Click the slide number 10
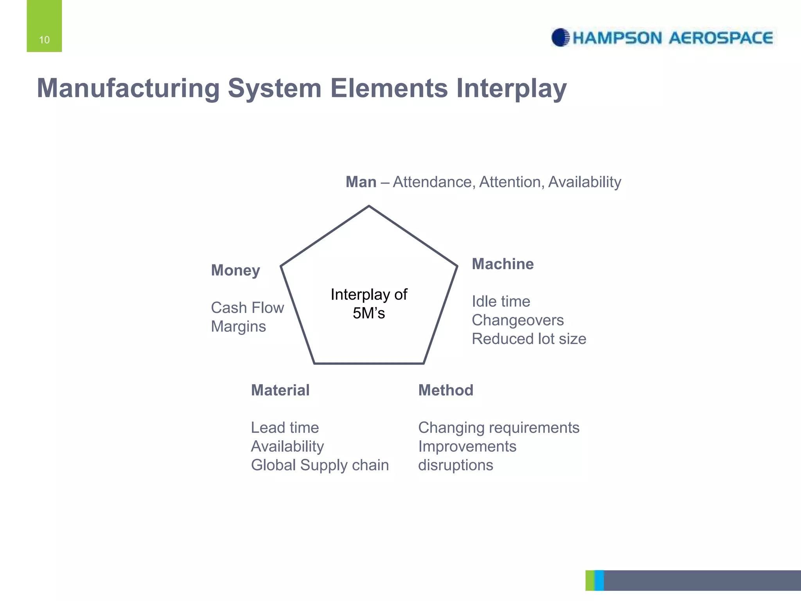44,40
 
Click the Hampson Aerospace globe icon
560,38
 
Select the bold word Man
361,182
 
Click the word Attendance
434,182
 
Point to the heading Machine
503,264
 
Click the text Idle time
501,302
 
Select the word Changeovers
517,320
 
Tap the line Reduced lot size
529,339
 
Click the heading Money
235,270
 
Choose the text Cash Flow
247,308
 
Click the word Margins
238,327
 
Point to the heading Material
280,390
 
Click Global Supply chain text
320,465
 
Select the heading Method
445,390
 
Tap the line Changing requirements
498,428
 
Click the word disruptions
455,465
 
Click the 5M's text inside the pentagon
368,313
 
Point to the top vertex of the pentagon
369,206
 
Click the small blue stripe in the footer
599,580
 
